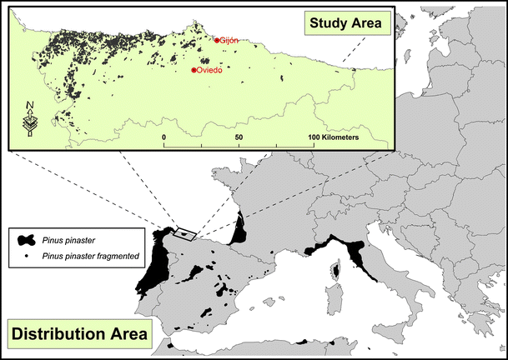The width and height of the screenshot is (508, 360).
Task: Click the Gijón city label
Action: [230, 40]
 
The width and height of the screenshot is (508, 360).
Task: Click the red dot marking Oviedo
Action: [194, 71]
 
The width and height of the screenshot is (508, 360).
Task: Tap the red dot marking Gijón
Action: [217, 40]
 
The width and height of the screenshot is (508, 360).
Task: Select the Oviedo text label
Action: [209, 71]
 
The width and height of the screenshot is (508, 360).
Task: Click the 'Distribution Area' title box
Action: [82, 335]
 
